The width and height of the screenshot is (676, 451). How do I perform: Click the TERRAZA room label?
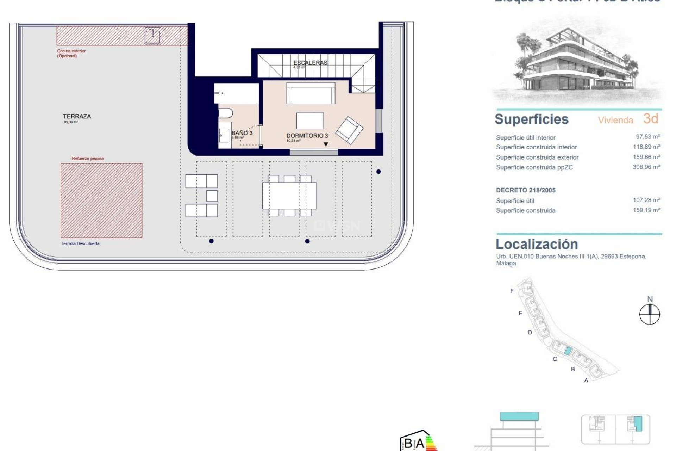coord(77,116)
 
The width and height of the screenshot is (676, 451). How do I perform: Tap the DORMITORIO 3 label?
coord(307,136)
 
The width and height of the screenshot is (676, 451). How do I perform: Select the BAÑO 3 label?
coord(242,133)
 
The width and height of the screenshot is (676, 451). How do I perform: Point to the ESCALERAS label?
coord(310,63)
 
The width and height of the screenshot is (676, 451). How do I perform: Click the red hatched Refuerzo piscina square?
coord(101,200)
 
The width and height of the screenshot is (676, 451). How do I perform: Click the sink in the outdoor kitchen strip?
coord(153,36)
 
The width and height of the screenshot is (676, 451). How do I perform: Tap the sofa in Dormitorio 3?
coord(311,93)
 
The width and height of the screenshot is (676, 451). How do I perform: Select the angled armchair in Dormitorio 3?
coord(349,130)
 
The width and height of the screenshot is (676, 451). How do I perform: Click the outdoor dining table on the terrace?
coord(289,196)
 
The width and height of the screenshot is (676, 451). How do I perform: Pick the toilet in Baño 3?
coord(225,113)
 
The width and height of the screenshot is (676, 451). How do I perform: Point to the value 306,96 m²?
coord(646,167)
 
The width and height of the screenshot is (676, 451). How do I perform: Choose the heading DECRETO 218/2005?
coord(526,190)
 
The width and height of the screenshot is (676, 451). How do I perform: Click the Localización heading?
coord(537,244)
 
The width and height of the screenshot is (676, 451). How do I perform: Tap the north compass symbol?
coord(650,314)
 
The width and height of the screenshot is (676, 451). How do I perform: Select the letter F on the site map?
coord(512,291)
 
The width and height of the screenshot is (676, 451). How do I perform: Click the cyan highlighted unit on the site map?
coord(568,351)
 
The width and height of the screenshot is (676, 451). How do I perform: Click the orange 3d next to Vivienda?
coord(651,119)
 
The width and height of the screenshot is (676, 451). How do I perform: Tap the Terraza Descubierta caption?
coord(80,243)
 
